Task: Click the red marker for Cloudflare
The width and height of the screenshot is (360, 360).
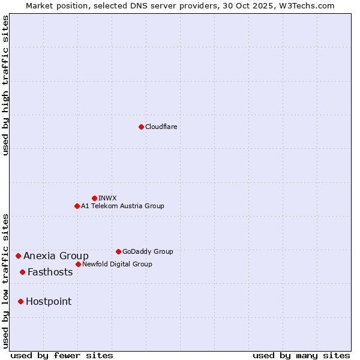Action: click(141, 127)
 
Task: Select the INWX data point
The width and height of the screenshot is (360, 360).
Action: click(94, 198)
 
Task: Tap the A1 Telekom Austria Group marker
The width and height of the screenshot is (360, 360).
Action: click(77, 206)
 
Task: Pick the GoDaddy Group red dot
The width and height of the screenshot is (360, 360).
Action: click(118, 251)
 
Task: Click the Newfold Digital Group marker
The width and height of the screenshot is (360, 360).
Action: click(78, 264)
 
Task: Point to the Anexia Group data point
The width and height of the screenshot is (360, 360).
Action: click(18, 256)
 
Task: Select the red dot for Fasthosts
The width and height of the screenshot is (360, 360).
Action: click(22, 272)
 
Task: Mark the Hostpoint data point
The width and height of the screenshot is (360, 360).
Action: click(20, 301)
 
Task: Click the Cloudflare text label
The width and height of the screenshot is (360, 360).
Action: click(161, 127)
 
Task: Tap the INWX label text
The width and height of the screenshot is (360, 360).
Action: click(107, 198)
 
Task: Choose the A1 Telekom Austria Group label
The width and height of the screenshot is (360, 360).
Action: click(122, 206)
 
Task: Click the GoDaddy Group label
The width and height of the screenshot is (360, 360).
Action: click(148, 251)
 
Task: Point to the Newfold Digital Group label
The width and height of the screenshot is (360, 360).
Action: click(117, 264)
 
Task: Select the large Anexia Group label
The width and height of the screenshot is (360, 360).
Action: click(56, 256)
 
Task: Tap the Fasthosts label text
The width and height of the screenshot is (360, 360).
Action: click(50, 272)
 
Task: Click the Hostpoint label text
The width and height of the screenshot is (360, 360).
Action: click(49, 302)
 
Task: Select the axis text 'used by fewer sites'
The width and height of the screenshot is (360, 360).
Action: click(62, 355)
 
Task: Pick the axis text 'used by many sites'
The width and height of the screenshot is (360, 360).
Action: click(301, 355)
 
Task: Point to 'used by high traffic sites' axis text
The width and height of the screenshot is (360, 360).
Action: click(5, 85)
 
